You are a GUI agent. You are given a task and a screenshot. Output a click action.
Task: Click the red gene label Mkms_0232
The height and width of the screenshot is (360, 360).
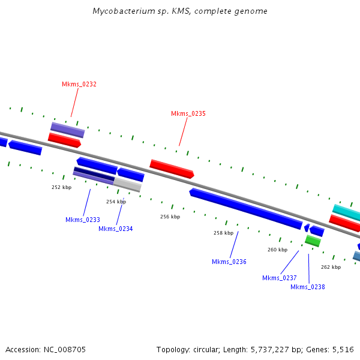[x=79, y=85]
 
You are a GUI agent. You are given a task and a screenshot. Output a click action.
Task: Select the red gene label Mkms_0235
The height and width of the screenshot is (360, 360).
[x=188, y=113]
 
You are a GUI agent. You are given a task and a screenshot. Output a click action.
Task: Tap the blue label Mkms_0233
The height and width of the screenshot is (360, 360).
[x=83, y=220]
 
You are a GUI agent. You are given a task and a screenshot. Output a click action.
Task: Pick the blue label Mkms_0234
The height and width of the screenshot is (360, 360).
[x=116, y=229]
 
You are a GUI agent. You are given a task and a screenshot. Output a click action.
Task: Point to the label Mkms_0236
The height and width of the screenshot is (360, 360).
[x=229, y=262]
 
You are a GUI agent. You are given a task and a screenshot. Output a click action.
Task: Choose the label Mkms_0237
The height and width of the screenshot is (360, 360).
[x=280, y=278]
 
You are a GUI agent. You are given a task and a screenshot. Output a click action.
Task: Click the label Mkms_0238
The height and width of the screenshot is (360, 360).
[x=308, y=287]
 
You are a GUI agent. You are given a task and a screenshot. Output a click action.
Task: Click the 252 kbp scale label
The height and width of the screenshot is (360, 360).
[x=61, y=187]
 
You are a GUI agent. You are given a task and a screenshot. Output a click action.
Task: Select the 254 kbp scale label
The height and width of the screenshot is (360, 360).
[x=116, y=202]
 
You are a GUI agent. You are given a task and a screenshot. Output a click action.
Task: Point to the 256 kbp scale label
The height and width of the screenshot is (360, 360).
[x=170, y=217]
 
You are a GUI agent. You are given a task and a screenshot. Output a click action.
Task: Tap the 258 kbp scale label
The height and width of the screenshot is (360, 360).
[x=223, y=233]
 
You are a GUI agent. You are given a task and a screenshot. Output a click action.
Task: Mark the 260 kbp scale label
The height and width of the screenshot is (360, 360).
[x=277, y=250]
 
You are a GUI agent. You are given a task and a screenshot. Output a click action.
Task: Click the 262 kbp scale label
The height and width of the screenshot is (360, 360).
[x=331, y=267]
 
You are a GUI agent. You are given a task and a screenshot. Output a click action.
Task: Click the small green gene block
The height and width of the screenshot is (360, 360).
[x=313, y=241]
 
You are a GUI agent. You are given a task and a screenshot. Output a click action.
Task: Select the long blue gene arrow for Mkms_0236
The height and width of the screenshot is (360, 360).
[x=246, y=208]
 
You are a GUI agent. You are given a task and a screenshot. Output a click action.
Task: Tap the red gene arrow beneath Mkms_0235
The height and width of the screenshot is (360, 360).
[x=172, y=169]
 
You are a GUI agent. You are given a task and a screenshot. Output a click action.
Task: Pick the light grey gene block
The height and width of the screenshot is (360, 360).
[x=127, y=184]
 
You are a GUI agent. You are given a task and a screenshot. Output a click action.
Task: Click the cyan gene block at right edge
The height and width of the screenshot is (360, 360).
[x=347, y=212]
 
